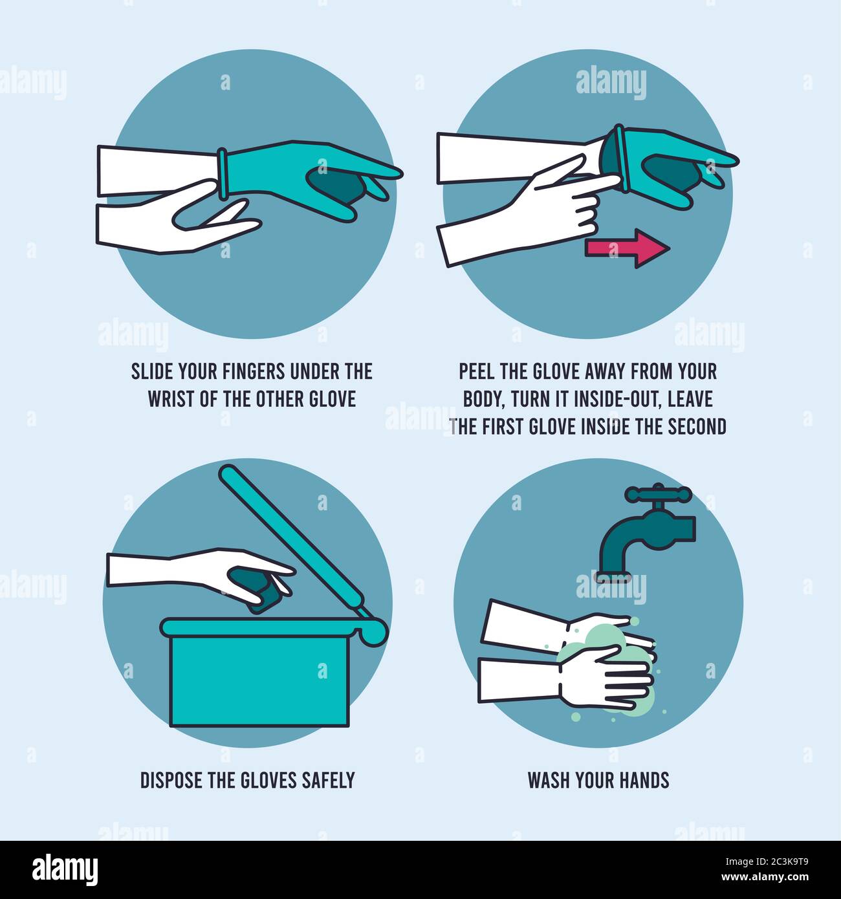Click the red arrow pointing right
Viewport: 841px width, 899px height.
point(626,248)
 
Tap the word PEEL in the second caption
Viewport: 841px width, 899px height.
point(477,371)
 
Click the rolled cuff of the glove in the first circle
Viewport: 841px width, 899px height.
point(223,173)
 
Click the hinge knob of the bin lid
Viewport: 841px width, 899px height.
point(375,630)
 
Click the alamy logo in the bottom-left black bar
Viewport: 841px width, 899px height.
point(65,869)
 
